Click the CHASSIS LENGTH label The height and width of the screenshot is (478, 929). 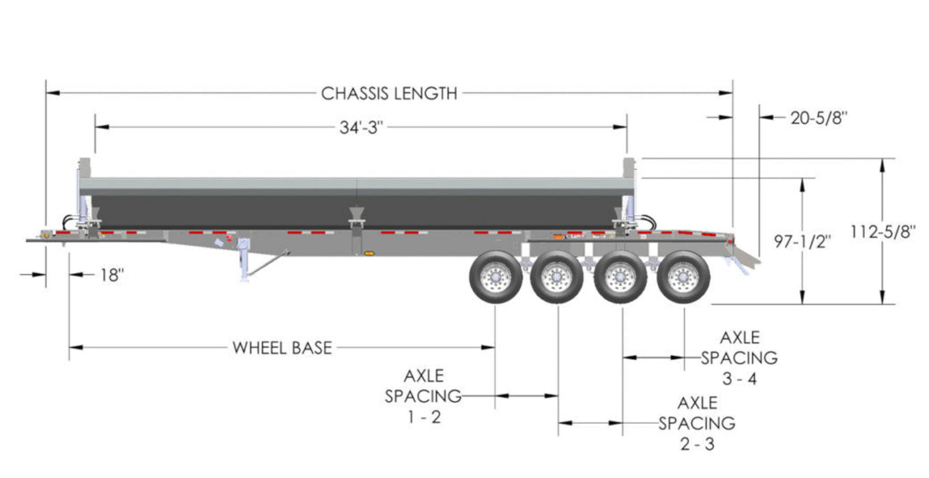coord(389,94)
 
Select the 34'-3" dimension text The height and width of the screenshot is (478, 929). coord(361,128)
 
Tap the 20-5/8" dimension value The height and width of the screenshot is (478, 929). coord(818,117)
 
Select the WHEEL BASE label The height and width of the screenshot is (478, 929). coord(282,348)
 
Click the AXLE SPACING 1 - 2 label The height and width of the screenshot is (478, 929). coord(423,396)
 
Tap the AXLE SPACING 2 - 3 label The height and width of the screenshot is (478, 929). coord(697,423)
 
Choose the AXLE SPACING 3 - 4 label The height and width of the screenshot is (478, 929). coord(739,357)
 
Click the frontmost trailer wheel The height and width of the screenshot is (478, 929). coord(496,277)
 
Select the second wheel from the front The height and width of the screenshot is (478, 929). coord(557,277)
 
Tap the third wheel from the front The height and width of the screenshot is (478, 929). coord(620,277)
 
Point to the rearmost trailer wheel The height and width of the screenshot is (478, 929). coord(683,277)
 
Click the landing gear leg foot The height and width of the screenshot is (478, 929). coord(244,277)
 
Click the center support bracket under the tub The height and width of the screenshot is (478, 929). coord(356,218)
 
